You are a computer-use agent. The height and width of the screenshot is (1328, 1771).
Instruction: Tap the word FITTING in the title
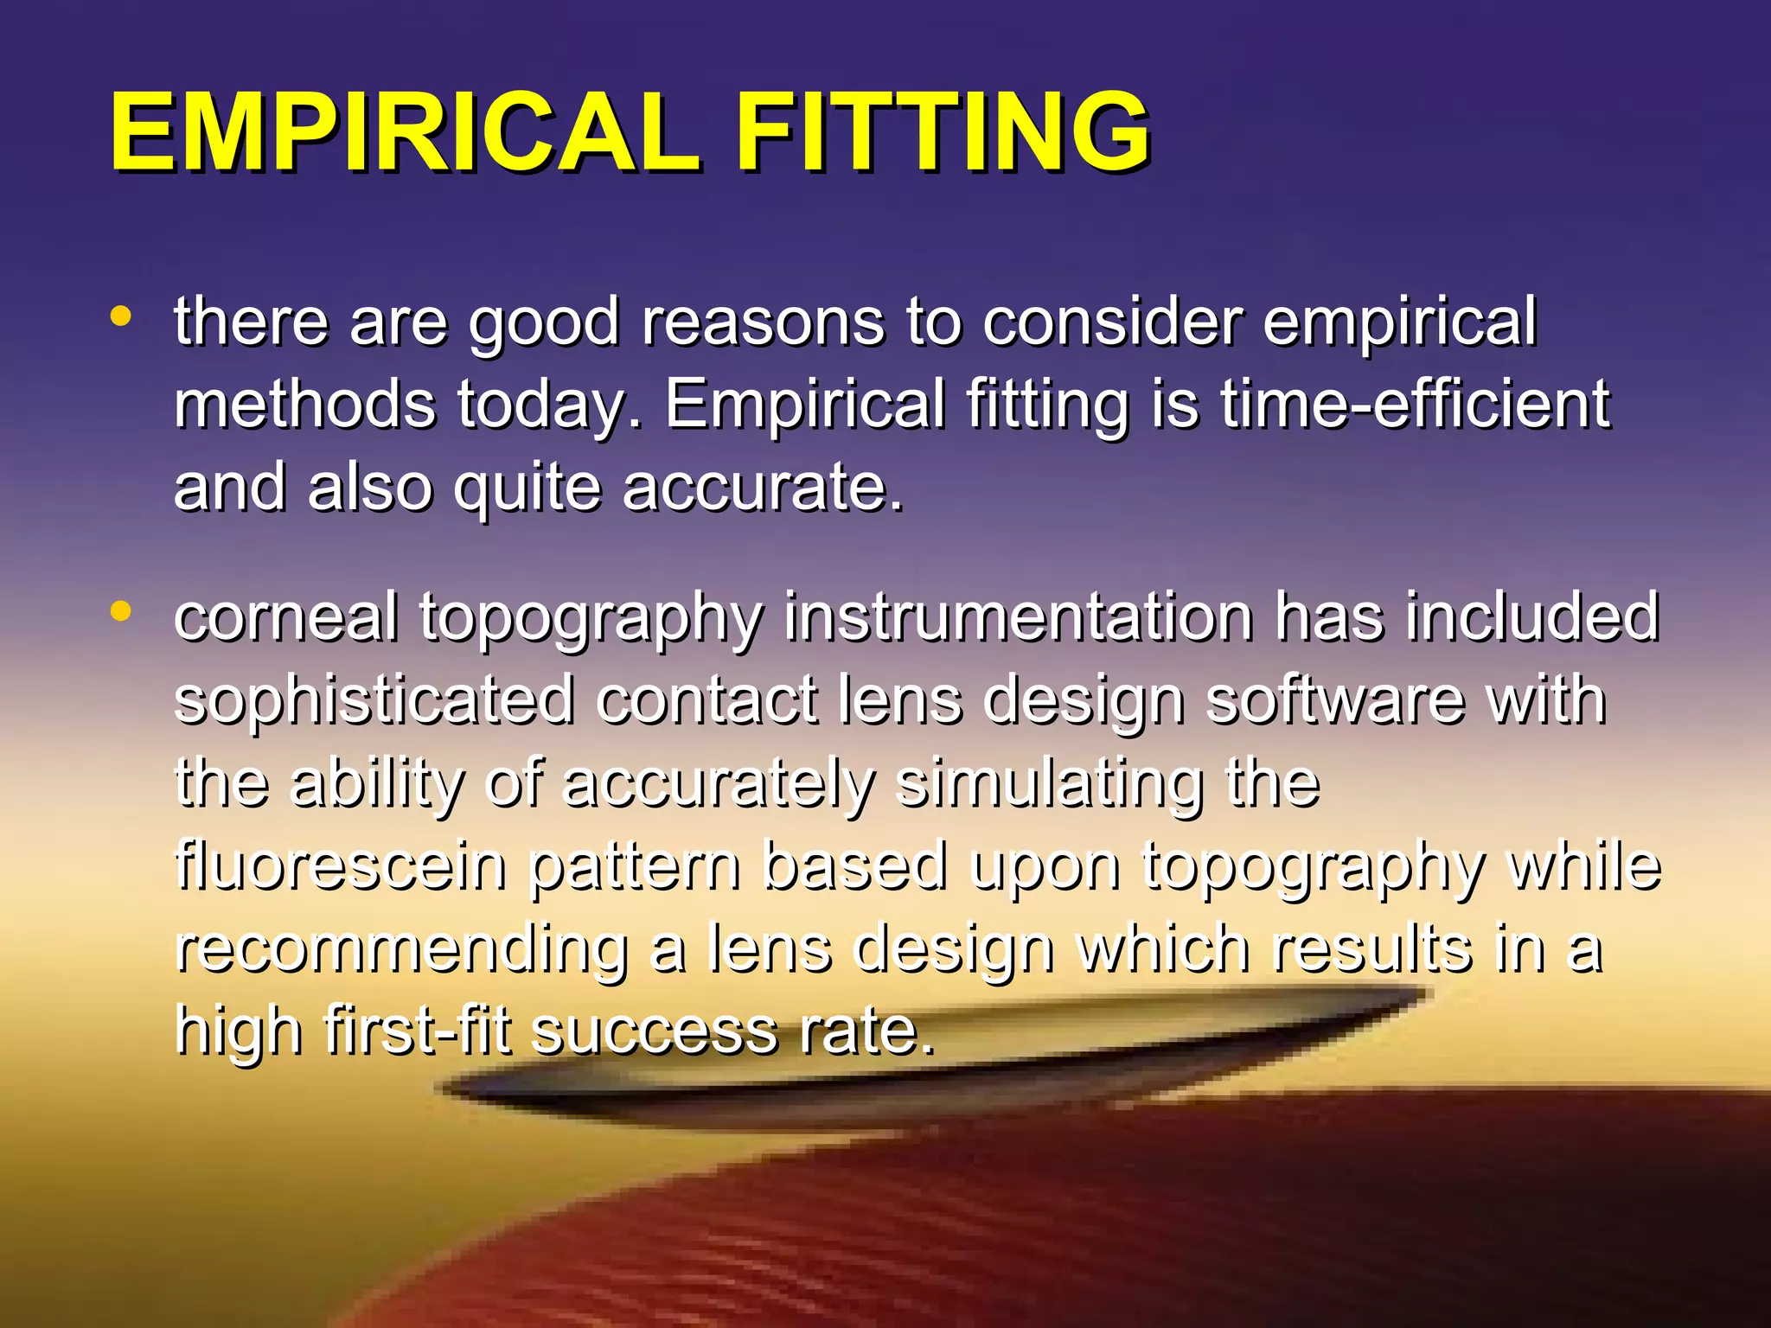click(x=943, y=133)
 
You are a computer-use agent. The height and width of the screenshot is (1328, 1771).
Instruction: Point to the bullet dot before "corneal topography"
click(x=121, y=612)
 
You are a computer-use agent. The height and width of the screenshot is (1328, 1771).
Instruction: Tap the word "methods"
click(x=304, y=404)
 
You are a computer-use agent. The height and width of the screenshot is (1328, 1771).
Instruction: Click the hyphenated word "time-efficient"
click(x=1415, y=404)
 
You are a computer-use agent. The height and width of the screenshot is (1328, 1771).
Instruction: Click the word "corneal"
click(x=286, y=617)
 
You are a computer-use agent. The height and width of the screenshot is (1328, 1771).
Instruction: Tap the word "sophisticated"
click(x=374, y=701)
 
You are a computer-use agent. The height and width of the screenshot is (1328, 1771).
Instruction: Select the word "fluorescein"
click(x=341, y=866)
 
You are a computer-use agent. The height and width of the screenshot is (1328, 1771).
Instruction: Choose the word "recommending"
click(x=401, y=950)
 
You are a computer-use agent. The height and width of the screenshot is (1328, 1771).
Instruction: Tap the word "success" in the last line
click(x=654, y=1032)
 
